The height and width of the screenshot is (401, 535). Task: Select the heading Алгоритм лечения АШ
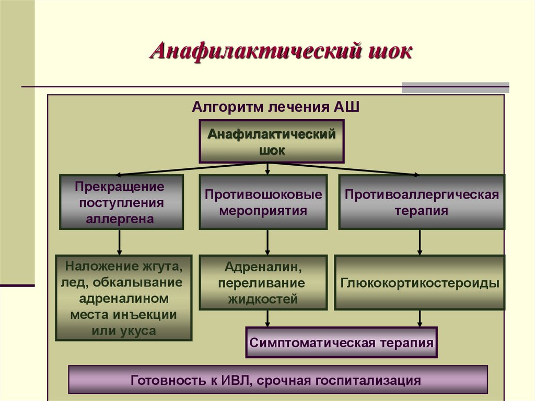[275, 108]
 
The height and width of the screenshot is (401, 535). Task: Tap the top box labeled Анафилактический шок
[271, 141]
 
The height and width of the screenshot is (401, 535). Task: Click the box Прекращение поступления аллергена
[121, 202]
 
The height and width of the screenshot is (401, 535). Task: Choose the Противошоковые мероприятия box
[263, 202]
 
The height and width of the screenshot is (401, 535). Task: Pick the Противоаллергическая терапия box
[421, 202]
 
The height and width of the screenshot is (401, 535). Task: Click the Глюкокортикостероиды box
[420, 283]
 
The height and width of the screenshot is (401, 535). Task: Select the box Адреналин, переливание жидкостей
[263, 283]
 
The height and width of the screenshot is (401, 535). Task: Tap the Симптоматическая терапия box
[341, 343]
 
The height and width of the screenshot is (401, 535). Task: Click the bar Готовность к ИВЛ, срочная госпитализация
[277, 380]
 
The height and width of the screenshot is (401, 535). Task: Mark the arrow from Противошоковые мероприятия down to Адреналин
[267, 242]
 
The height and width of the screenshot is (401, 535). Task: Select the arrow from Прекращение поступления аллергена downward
[120, 242]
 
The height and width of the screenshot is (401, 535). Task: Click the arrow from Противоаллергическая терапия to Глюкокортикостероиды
[420, 242]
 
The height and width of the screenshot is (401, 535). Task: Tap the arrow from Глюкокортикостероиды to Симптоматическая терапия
[420, 318]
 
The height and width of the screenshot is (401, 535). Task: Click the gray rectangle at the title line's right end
[455, 87]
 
